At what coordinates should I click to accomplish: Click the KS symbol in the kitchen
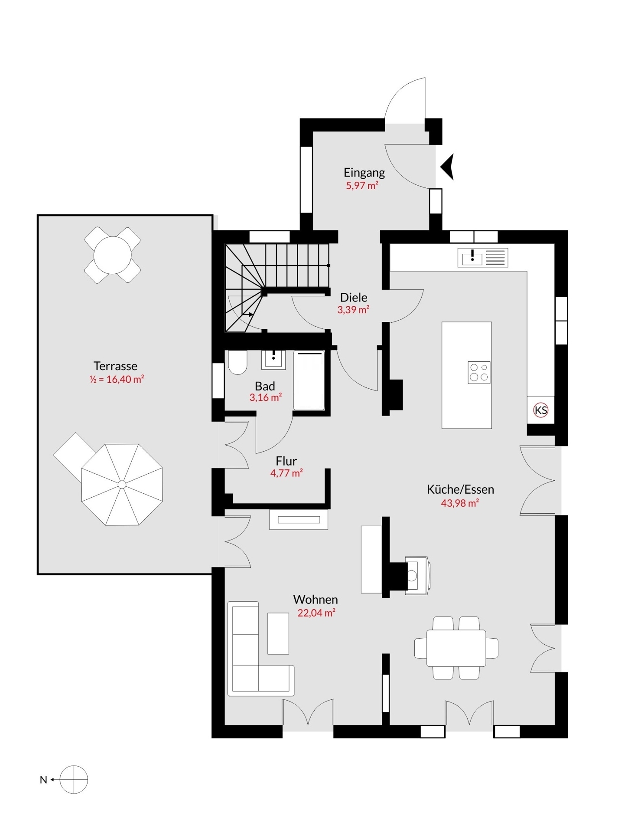(x=540, y=410)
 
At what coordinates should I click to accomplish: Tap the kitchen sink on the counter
(x=472, y=258)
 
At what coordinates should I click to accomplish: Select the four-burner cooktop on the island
(x=478, y=372)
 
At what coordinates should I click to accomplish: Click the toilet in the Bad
(x=237, y=363)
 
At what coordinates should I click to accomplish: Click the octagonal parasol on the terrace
(x=122, y=484)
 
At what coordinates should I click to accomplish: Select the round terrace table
(x=112, y=255)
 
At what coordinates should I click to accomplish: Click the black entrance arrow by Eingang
(x=448, y=167)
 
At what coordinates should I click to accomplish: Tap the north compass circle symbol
(x=74, y=779)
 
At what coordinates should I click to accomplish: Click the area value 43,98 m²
(x=459, y=503)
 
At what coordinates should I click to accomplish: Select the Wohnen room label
(x=315, y=599)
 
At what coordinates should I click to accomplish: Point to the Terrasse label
(x=115, y=366)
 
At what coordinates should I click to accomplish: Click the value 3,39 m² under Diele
(x=353, y=310)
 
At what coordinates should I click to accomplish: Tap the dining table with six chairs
(x=456, y=648)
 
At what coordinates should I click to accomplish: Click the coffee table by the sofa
(x=278, y=633)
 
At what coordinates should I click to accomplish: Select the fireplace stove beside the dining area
(x=417, y=575)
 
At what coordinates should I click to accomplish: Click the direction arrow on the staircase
(x=248, y=314)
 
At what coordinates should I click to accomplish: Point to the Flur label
(x=286, y=461)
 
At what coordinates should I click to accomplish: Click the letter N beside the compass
(x=43, y=780)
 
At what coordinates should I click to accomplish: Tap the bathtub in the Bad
(x=309, y=380)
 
